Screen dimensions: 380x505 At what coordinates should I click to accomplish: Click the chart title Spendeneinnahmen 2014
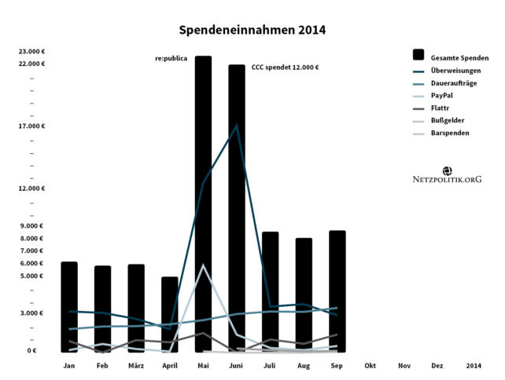click(252, 30)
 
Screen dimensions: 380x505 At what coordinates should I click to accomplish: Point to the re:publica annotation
click(171, 59)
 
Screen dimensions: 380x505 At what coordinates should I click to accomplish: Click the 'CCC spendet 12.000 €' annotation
click(285, 68)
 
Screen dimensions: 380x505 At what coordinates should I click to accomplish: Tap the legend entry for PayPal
click(441, 95)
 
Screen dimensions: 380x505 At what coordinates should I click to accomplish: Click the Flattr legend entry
click(440, 108)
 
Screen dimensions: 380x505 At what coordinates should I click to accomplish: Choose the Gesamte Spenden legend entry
click(459, 57)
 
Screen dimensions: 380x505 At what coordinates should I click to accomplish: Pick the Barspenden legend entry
click(450, 133)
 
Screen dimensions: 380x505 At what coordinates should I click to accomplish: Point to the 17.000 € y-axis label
click(32, 126)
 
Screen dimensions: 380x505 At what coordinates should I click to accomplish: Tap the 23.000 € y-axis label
click(32, 52)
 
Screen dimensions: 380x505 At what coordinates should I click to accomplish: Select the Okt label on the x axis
click(370, 366)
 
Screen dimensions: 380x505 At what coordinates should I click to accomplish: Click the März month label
click(136, 366)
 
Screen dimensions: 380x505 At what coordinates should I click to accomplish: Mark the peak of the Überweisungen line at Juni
click(237, 125)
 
